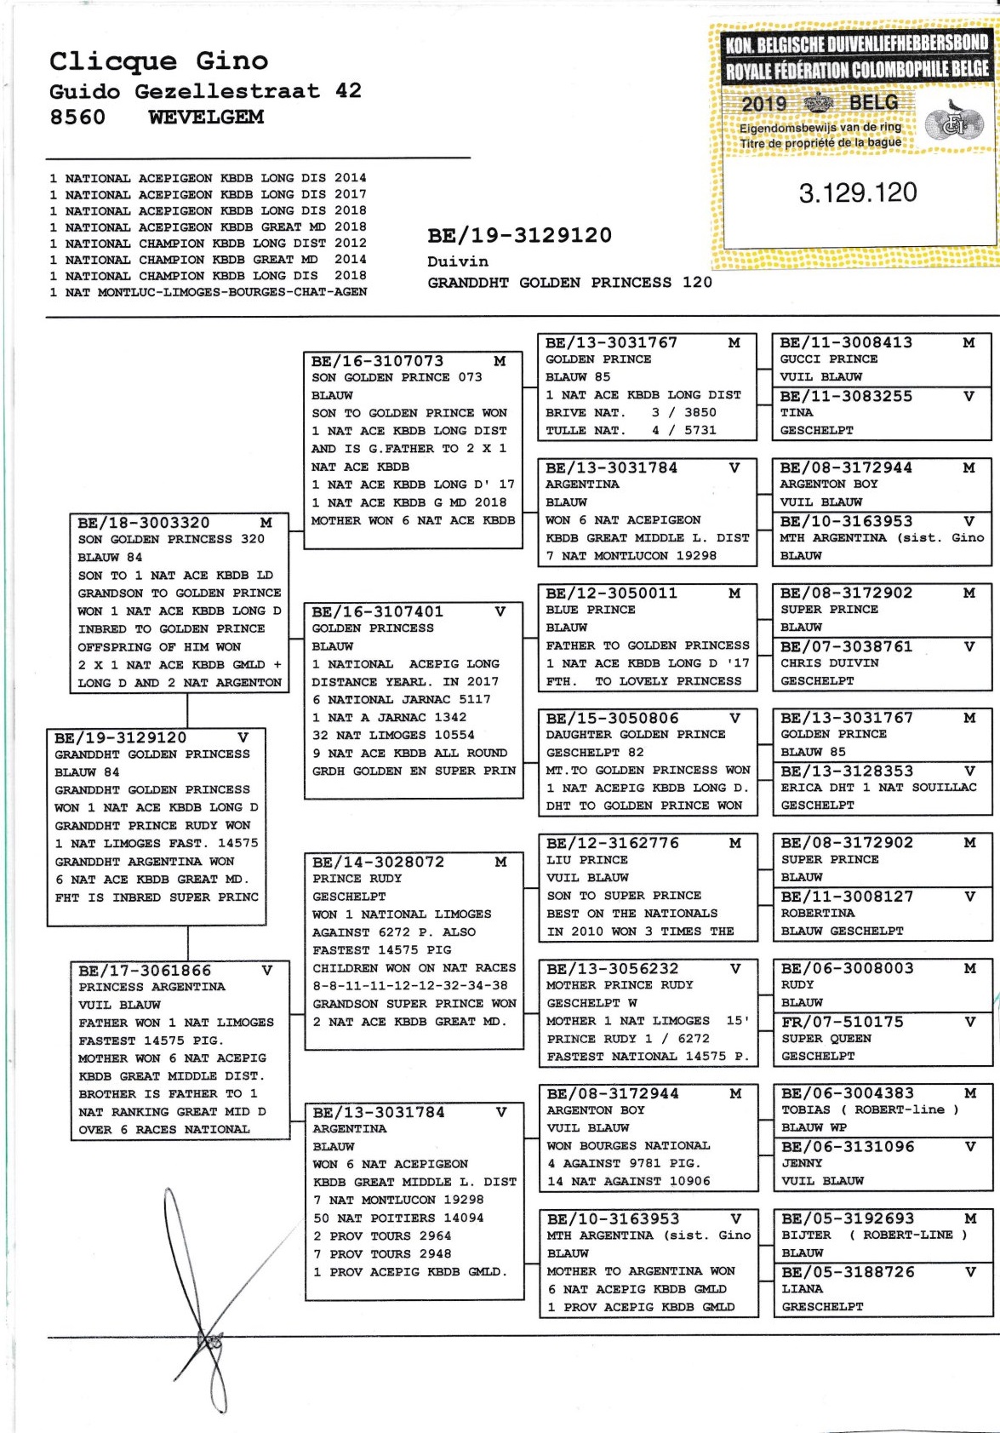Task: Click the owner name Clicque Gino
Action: click(158, 61)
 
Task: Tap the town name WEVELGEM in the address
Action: click(206, 118)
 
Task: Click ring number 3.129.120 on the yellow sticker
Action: click(857, 192)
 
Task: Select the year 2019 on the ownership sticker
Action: click(764, 104)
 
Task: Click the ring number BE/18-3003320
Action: click(143, 523)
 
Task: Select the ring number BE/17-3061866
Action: click(145, 971)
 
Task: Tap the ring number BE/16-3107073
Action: click(377, 361)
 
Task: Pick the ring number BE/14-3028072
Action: click(378, 862)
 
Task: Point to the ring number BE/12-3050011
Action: click(611, 593)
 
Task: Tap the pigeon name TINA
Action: click(797, 412)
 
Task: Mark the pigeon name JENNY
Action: click(802, 1163)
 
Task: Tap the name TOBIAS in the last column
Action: click(805, 1109)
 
